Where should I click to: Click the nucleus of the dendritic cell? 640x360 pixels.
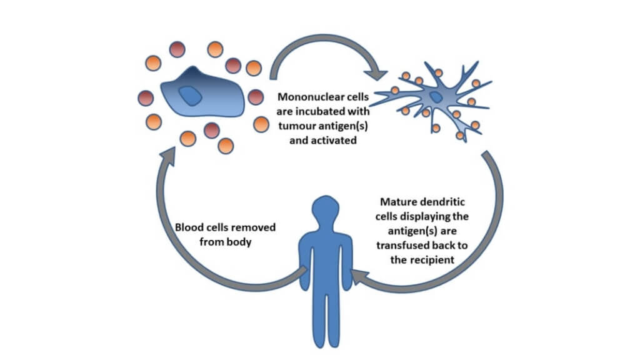point(435,97)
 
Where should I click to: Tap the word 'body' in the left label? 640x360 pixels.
point(240,241)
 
